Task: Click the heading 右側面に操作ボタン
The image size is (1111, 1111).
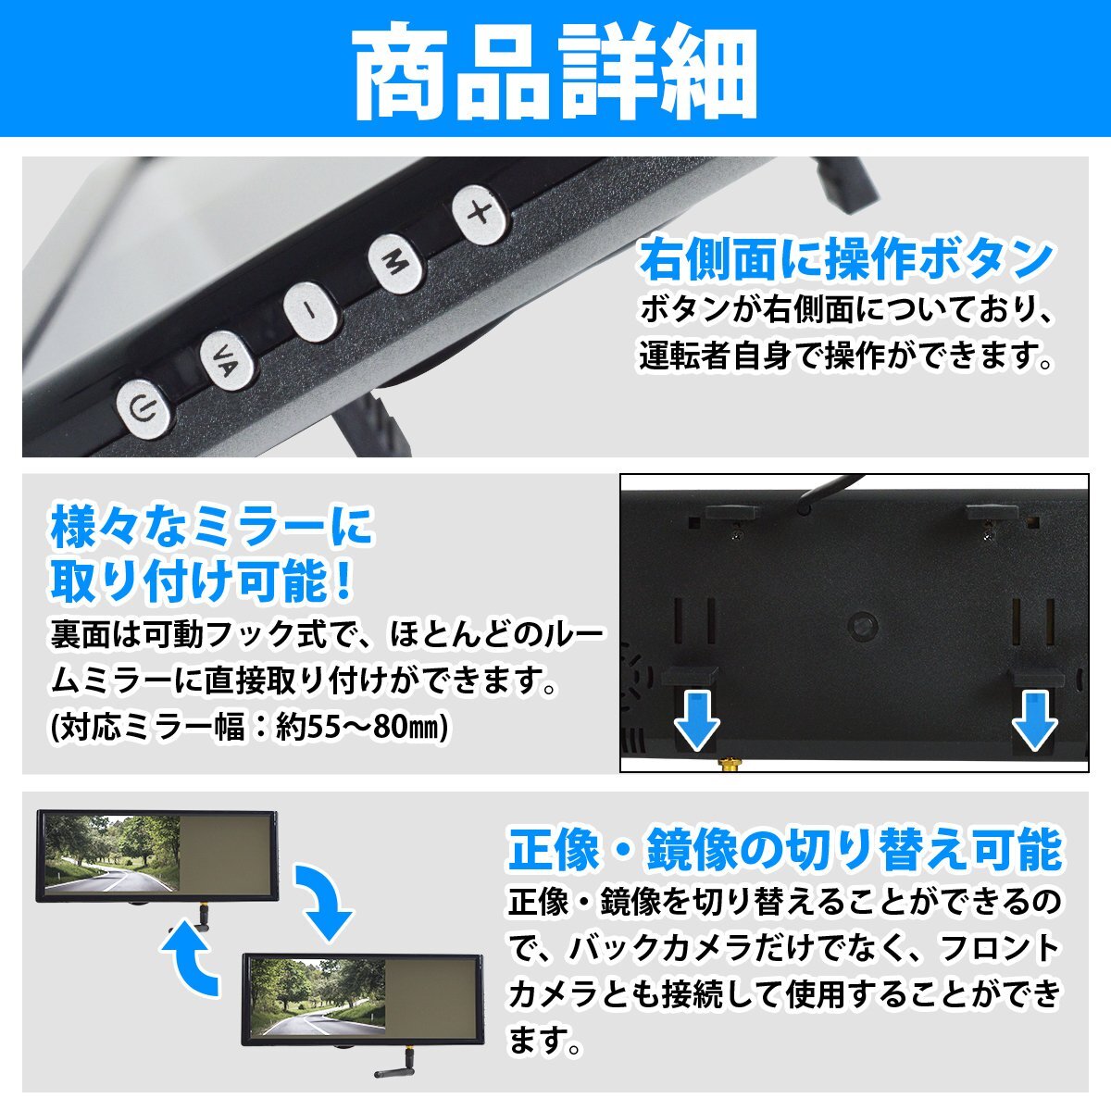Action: coord(845,260)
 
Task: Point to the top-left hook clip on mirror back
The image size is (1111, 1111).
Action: coord(732,514)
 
